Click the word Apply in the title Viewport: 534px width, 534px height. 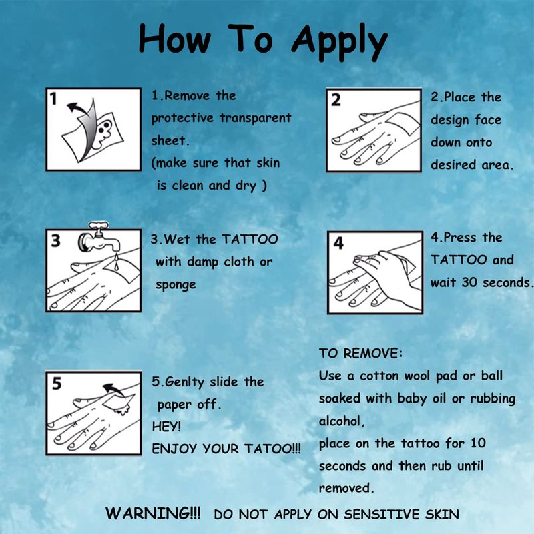pyautogui.click(x=339, y=43)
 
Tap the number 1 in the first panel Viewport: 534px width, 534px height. pyautogui.click(x=53, y=99)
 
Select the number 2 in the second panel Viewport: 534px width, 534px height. pyautogui.click(x=336, y=100)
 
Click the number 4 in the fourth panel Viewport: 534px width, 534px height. pyautogui.click(x=338, y=243)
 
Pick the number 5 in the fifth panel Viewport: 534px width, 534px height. pyautogui.click(x=57, y=383)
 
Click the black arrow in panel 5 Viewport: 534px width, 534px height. pyautogui.click(x=113, y=390)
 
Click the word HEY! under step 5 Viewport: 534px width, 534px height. pyautogui.click(x=166, y=427)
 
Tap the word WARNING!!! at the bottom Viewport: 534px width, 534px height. pyautogui.click(x=153, y=513)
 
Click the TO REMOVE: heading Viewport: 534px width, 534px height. pyautogui.click(x=360, y=353)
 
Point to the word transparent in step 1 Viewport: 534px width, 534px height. pyautogui.click(x=256, y=118)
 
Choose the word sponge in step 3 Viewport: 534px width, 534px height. pyautogui.click(x=176, y=285)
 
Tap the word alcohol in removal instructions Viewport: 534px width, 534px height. pyautogui.click(x=342, y=421)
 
